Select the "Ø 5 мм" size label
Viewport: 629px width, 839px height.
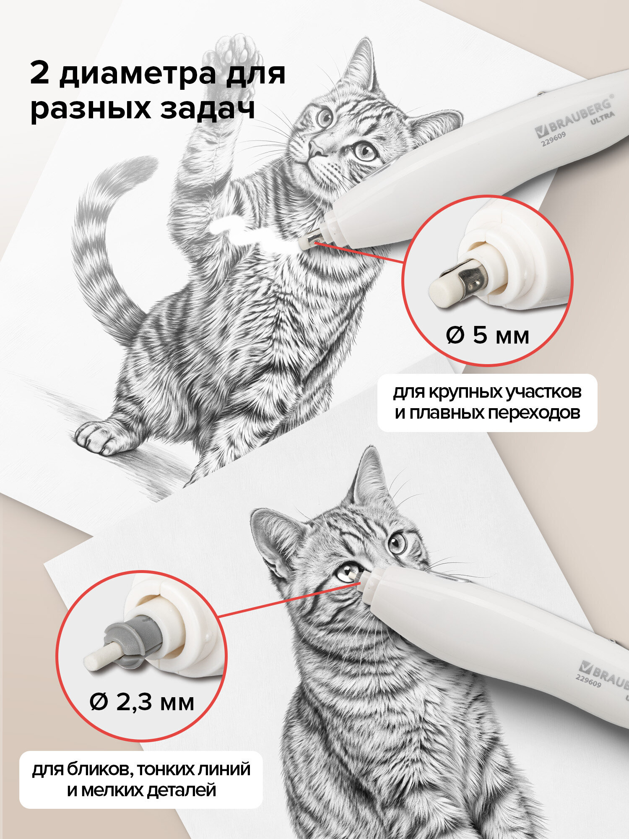coord(487,336)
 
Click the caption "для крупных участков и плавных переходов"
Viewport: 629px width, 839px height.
coord(487,403)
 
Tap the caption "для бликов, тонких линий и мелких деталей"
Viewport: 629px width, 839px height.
coord(141,780)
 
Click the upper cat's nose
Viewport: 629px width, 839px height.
coord(315,148)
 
